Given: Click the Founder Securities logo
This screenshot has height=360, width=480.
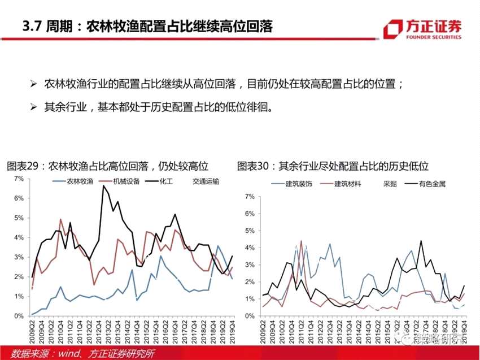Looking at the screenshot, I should (x=422, y=29).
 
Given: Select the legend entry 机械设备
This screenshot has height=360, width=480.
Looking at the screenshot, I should (x=120, y=182).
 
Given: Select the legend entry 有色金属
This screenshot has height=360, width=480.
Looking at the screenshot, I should (x=431, y=184).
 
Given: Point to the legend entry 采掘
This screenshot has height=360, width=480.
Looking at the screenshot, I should (x=390, y=184).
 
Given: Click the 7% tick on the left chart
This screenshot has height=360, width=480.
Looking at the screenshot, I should (x=18, y=179).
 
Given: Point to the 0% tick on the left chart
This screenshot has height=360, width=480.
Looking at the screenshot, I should (x=18, y=316).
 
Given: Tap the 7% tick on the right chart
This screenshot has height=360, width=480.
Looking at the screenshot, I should (x=249, y=196).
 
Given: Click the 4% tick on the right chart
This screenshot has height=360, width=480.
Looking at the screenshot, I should (x=249, y=247).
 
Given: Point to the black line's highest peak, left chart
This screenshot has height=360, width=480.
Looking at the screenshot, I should (x=103, y=186).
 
